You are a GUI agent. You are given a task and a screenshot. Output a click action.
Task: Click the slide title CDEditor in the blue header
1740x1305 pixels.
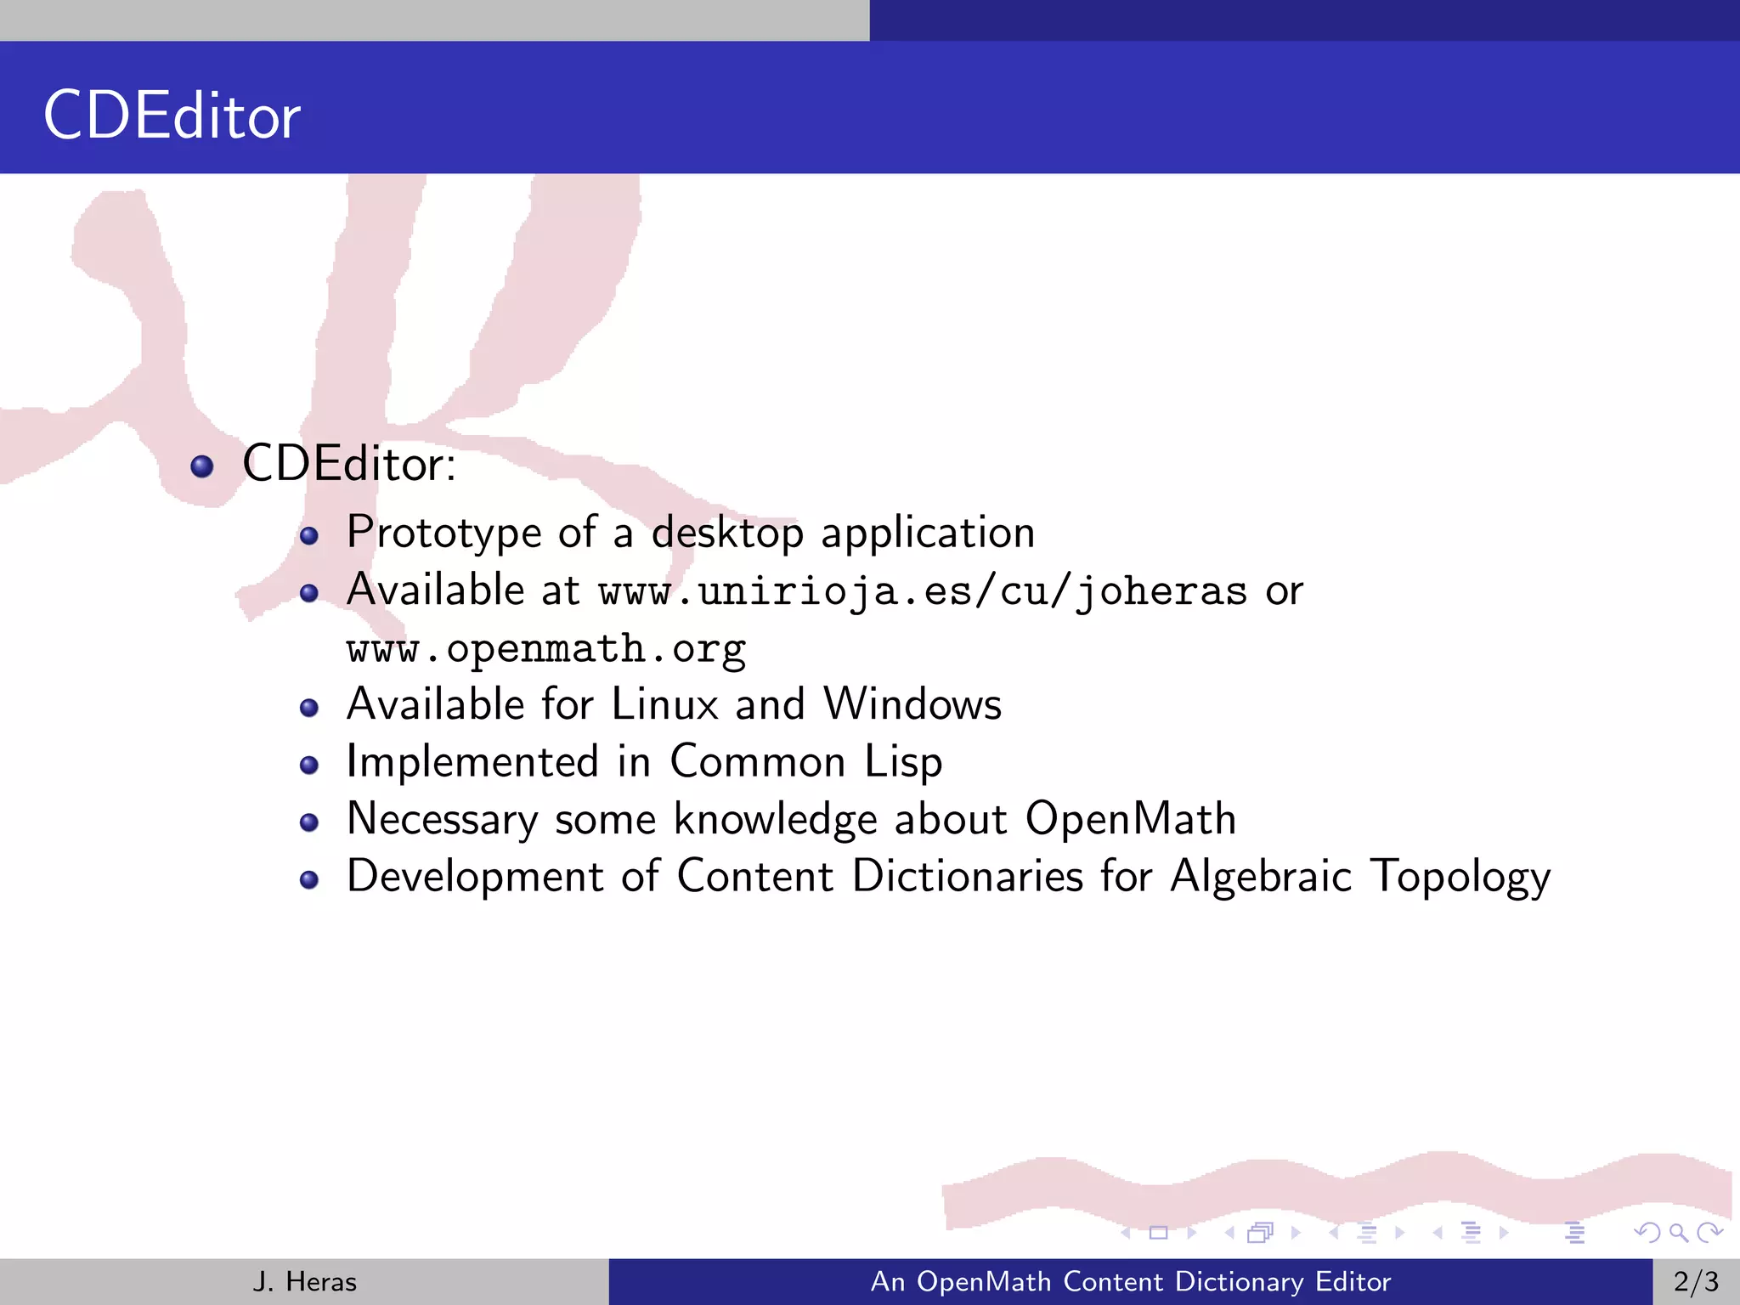point(172,116)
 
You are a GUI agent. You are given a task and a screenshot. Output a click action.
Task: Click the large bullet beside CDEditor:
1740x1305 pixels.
point(202,466)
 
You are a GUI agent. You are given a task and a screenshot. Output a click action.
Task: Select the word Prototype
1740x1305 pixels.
point(443,534)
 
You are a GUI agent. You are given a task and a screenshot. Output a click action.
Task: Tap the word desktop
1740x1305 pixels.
point(727,534)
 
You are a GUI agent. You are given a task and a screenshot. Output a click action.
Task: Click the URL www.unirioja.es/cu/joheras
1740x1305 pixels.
point(923,591)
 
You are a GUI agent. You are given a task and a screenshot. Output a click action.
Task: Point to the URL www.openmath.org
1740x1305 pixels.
point(546,649)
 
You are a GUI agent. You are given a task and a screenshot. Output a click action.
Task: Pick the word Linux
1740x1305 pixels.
point(664,704)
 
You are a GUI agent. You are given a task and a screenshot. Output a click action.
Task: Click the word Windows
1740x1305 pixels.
point(912,704)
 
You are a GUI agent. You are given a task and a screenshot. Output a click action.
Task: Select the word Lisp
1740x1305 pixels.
point(903,762)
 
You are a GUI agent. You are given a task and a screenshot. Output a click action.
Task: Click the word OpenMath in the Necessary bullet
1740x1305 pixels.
point(1130,819)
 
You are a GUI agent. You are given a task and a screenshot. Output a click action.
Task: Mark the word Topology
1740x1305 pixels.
point(1460,877)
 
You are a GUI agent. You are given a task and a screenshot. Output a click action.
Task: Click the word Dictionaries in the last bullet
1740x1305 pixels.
point(968,876)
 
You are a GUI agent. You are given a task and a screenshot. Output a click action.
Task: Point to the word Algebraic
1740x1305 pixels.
point(1260,877)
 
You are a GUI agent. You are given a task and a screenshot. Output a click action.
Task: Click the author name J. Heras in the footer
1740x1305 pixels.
point(304,1281)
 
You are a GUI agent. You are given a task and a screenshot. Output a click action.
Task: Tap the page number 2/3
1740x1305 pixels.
point(1696,1281)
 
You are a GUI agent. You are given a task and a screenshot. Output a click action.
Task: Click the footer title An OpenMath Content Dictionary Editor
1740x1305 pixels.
point(1131,1281)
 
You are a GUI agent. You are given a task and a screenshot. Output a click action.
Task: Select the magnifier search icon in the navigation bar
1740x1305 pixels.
point(1678,1232)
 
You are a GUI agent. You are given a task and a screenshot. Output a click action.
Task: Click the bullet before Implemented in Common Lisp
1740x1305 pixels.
point(309,765)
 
